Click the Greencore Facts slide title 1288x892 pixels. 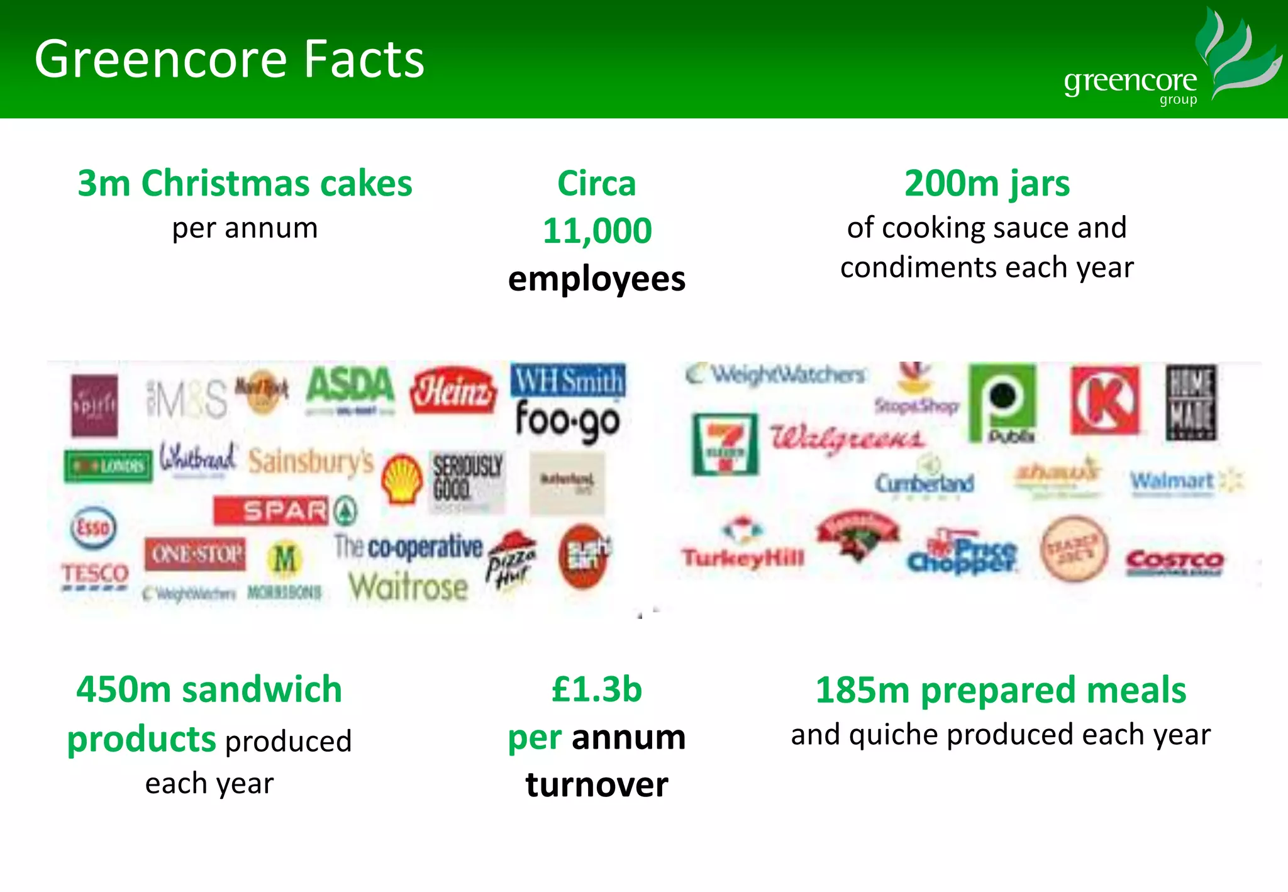[x=230, y=59]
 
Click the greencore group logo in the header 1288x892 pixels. [x=1170, y=63]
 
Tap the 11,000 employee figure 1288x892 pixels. [x=597, y=230]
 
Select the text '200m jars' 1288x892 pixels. [x=987, y=184]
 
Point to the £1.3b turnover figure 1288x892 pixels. [x=597, y=689]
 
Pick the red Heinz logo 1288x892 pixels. [x=453, y=391]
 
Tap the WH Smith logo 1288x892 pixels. [x=568, y=380]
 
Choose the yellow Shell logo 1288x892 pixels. [x=402, y=478]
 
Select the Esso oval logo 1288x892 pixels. [x=93, y=527]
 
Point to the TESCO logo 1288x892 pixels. [x=95, y=575]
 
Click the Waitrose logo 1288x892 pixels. [x=408, y=588]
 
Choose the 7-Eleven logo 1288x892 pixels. [x=725, y=443]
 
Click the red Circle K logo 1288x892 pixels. [x=1105, y=401]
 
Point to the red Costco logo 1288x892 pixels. [x=1174, y=561]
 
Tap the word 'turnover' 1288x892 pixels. [x=597, y=785]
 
